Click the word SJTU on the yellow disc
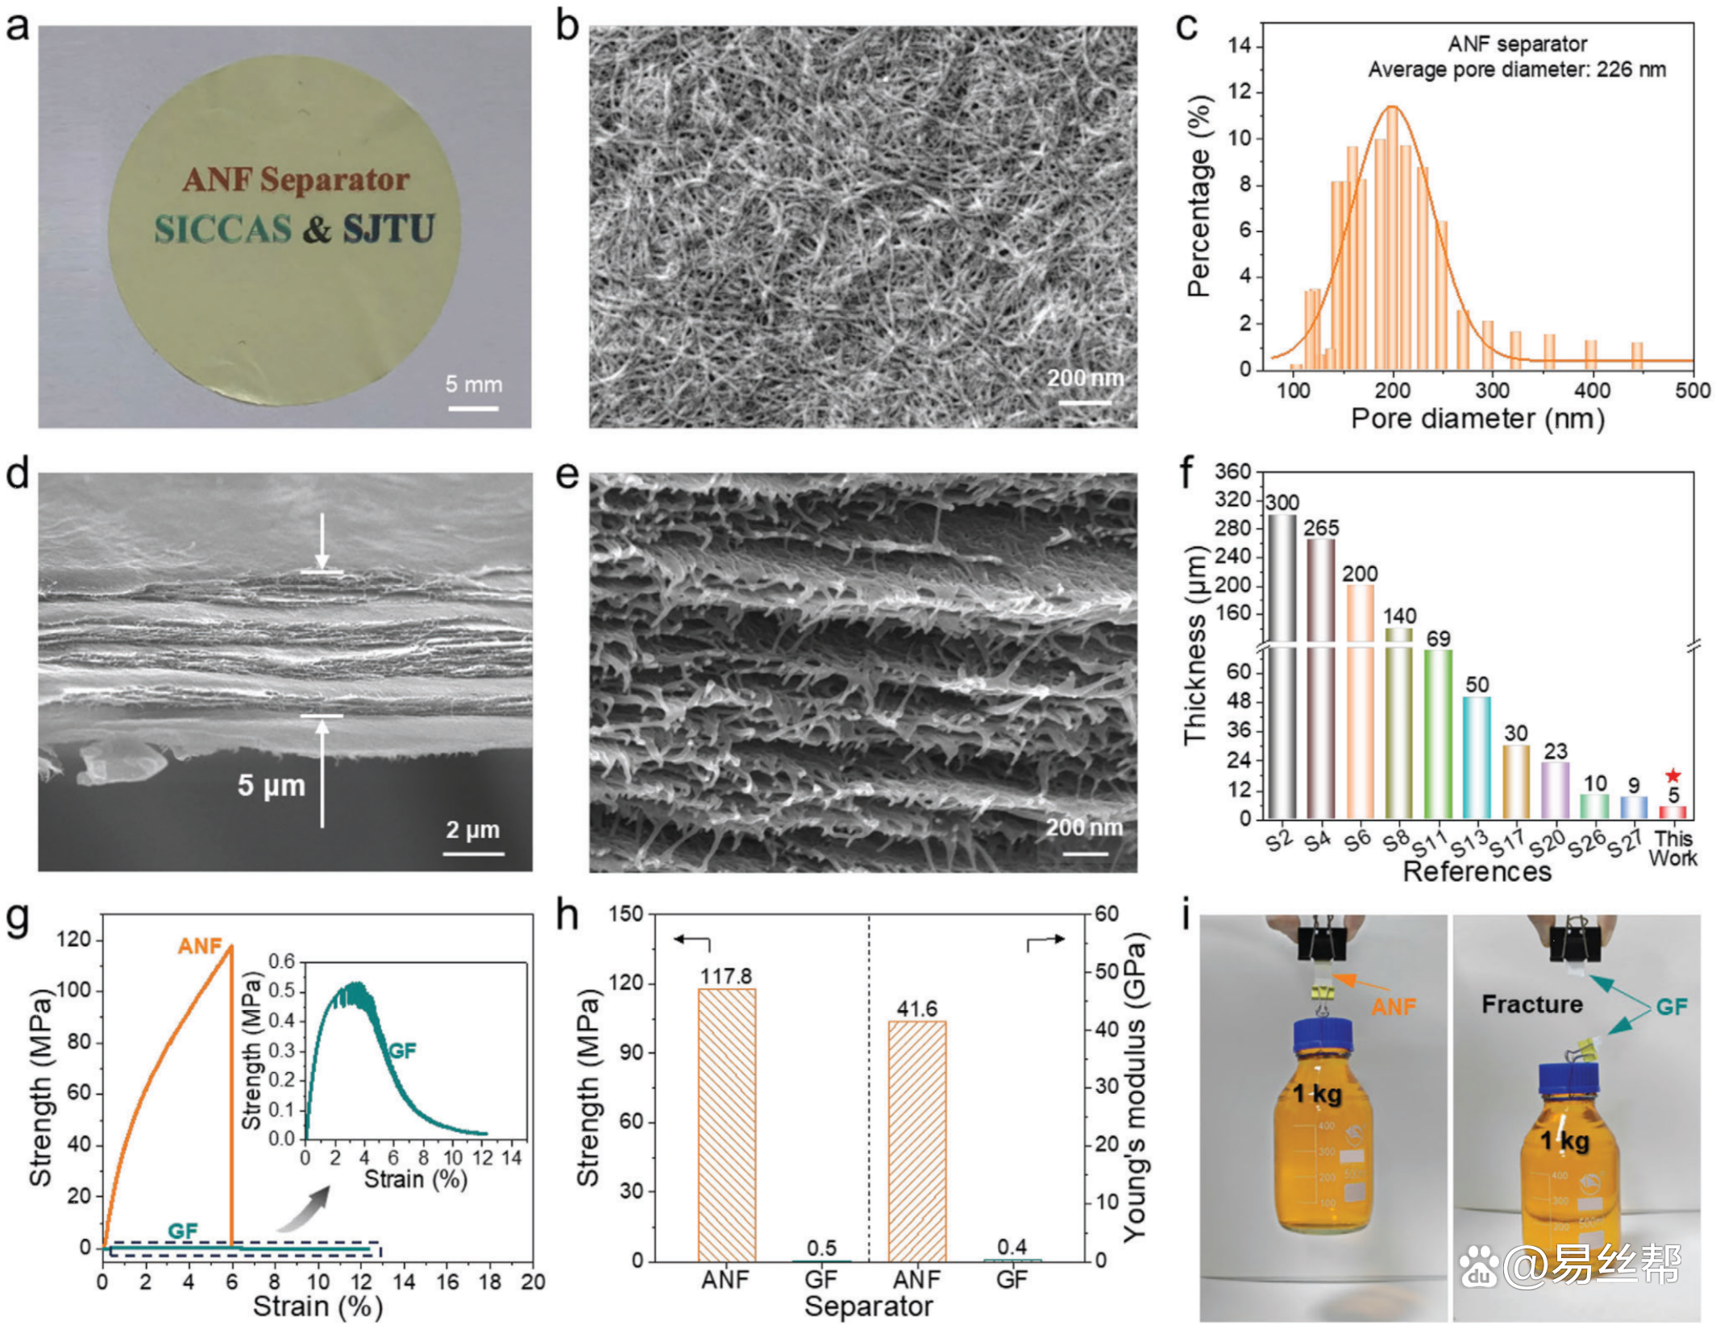pyautogui.click(x=388, y=229)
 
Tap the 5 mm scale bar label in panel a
pyautogui.click(x=473, y=384)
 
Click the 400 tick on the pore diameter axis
pyautogui.click(x=1592, y=391)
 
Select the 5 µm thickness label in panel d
pyautogui.click(x=271, y=785)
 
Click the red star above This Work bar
pyautogui.click(x=1673, y=775)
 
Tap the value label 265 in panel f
pyautogui.click(x=1321, y=528)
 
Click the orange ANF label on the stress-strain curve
pyautogui.click(x=199, y=945)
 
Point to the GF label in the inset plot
pyautogui.click(x=402, y=1050)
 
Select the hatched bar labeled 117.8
pyautogui.click(x=726, y=1124)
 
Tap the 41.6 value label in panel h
pyautogui.click(x=917, y=1008)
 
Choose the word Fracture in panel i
pyautogui.click(x=1531, y=1004)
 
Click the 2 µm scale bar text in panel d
pyautogui.click(x=473, y=829)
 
